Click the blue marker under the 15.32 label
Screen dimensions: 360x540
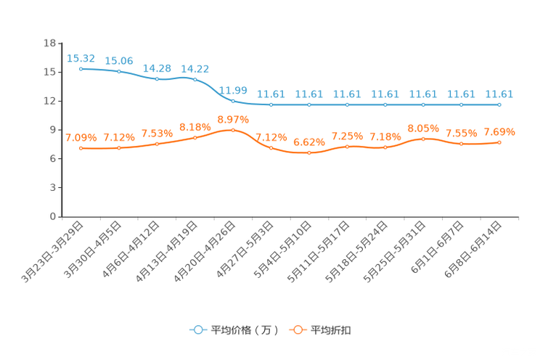pyautogui.click(x=81, y=68)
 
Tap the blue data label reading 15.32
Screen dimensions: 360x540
pyautogui.click(x=81, y=57)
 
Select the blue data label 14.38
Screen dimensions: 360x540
pyautogui.click(x=157, y=67)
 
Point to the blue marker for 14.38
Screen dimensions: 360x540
pyautogui.click(x=157, y=78)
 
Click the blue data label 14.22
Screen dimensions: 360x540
pyautogui.click(x=195, y=68)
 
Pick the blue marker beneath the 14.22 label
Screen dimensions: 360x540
pyautogui.click(x=195, y=78)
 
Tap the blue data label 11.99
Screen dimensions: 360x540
pyautogui.click(x=233, y=90)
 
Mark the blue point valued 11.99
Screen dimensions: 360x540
pyautogui.click(x=233, y=101)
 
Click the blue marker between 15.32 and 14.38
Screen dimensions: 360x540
pyautogui.click(x=119, y=71)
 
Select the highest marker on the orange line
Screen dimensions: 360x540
pyautogui.click(x=233, y=130)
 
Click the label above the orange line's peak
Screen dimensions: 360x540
pyautogui.click(x=233, y=119)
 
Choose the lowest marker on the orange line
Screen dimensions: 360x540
pyautogui.click(x=309, y=153)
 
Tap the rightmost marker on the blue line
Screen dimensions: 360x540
pyautogui.click(x=499, y=105)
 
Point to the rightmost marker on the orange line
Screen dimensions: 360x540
pyautogui.click(x=499, y=142)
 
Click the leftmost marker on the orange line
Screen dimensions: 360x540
pyautogui.click(x=81, y=148)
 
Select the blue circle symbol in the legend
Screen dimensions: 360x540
pyautogui.click(x=197, y=330)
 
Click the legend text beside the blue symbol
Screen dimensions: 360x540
pyautogui.click(x=243, y=330)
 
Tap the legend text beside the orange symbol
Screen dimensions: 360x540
pyautogui.click(x=332, y=330)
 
